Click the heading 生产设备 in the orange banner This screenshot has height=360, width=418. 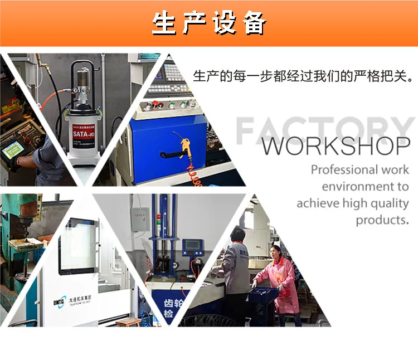point(209,23)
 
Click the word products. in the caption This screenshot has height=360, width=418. point(382,220)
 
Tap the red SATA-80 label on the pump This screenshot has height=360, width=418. point(83,134)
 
